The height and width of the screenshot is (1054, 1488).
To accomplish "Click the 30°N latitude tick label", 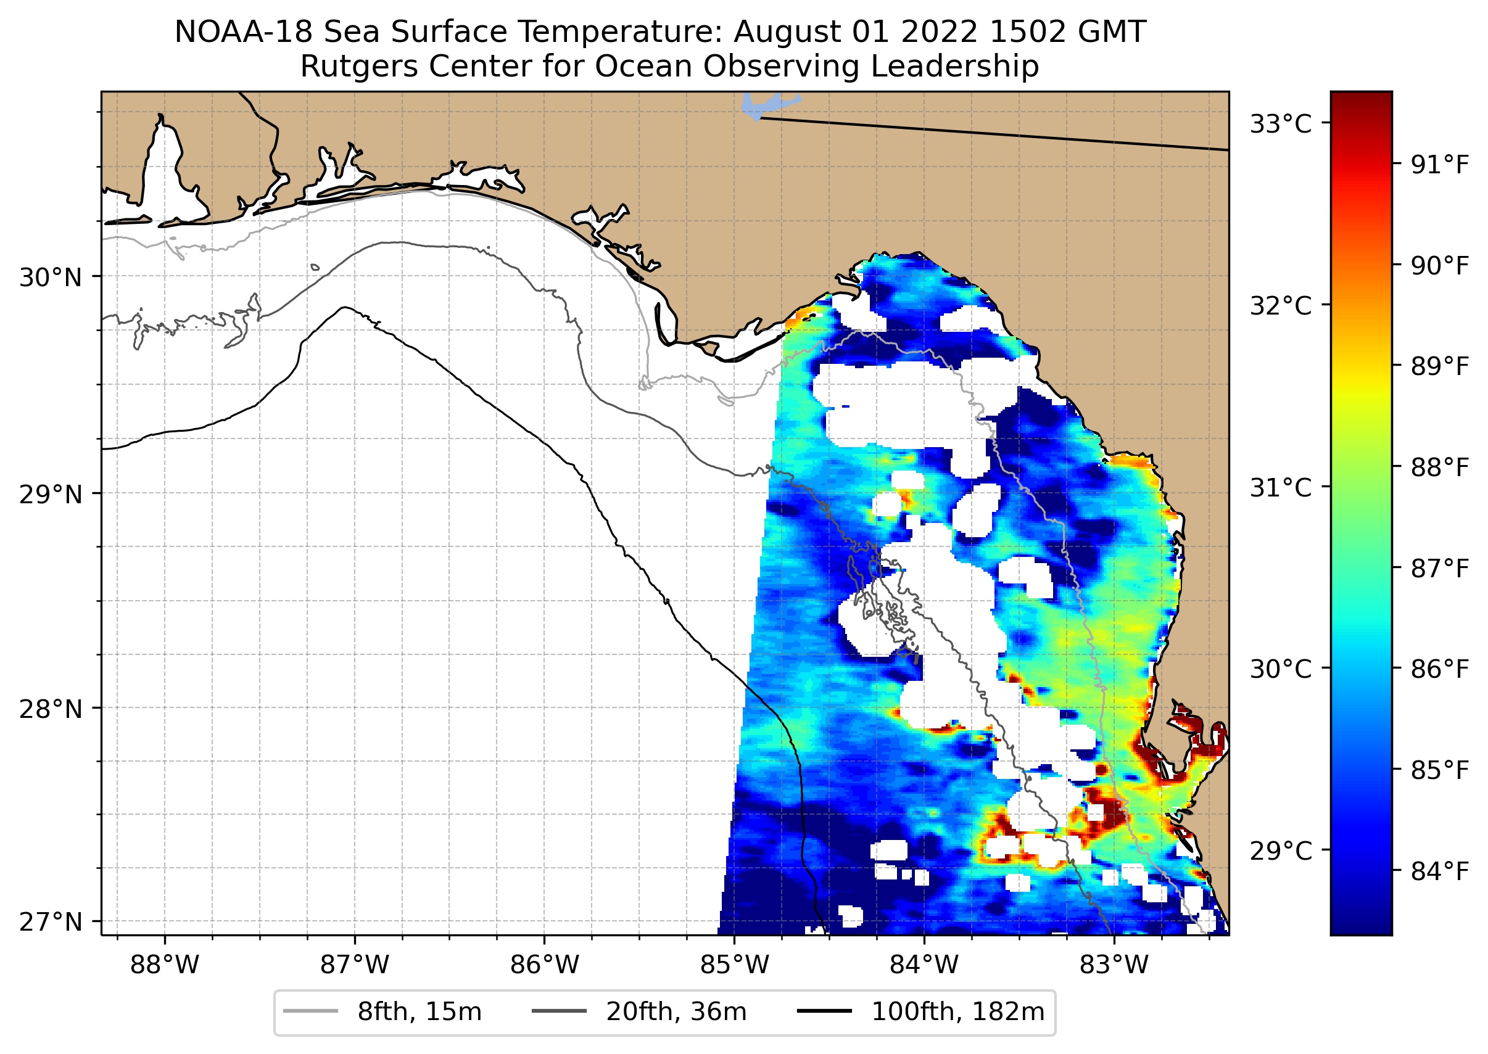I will tap(51, 278).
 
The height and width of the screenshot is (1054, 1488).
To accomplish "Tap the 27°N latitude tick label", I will tap(51, 921).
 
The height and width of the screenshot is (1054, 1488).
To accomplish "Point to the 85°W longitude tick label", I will tap(734, 965).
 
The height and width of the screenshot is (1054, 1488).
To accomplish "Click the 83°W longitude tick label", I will tap(1114, 965).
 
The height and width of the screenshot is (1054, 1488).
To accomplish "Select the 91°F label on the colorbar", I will tap(1439, 165).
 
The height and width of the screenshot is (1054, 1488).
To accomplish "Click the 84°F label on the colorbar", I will tap(1439, 871).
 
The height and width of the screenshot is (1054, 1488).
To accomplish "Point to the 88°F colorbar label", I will tap(1439, 467).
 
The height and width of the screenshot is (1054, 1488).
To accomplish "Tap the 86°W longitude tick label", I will tap(544, 965).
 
